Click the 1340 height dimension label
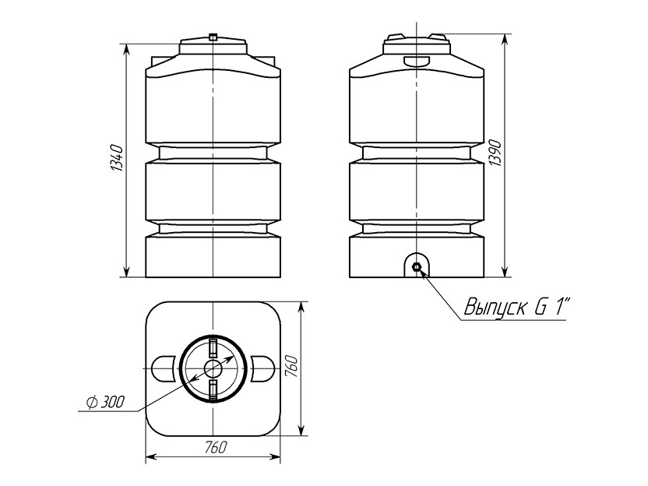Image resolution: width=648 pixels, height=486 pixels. (x=117, y=158)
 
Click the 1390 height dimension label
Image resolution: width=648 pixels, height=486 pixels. (x=495, y=153)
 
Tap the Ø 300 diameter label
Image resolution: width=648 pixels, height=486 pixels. (x=106, y=402)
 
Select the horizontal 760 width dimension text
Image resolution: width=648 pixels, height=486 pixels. (x=215, y=447)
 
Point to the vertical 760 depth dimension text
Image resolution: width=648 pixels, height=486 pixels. (x=291, y=366)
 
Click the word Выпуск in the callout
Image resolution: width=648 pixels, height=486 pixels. (x=496, y=308)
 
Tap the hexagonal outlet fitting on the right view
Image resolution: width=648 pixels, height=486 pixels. (x=417, y=267)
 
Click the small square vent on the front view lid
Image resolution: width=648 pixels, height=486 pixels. (x=213, y=37)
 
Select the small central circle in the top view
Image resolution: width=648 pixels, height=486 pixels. (x=213, y=368)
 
